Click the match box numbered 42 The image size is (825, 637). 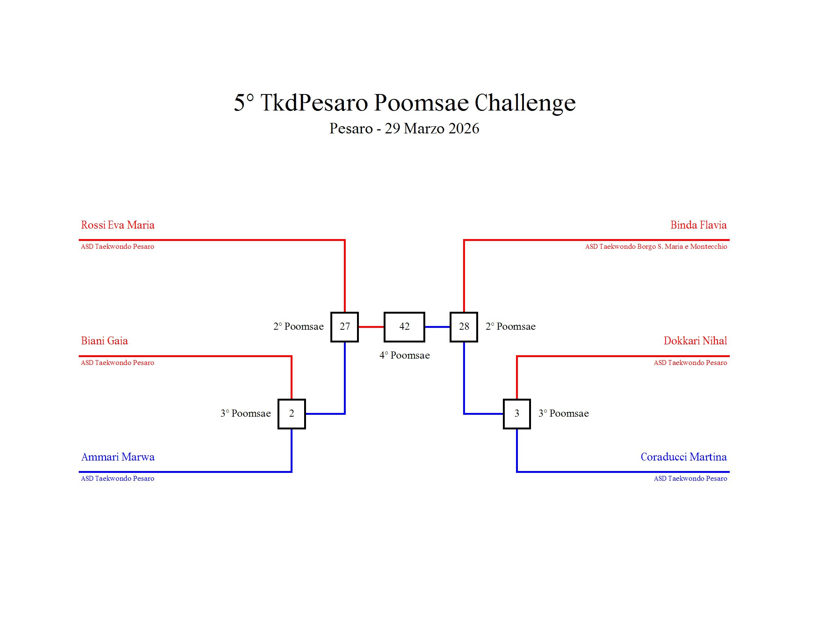(x=404, y=327)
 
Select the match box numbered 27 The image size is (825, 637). (x=345, y=327)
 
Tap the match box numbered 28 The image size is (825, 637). (x=464, y=327)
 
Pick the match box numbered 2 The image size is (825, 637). (x=291, y=414)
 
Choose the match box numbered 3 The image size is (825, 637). (x=517, y=414)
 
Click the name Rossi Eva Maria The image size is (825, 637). (x=117, y=225)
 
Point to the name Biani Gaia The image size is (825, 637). (x=104, y=341)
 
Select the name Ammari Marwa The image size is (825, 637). (x=118, y=457)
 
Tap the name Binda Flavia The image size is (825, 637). (x=699, y=225)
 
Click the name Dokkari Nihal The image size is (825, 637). (x=695, y=341)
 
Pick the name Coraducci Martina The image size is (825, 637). (x=683, y=457)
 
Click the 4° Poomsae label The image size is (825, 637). (x=405, y=356)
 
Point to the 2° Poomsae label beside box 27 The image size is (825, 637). (x=298, y=327)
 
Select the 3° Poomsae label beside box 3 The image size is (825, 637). (x=564, y=414)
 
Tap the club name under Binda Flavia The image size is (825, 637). (x=656, y=247)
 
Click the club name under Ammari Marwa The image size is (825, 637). (x=117, y=478)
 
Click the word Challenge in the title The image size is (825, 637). (x=525, y=103)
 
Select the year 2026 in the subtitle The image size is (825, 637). (x=464, y=129)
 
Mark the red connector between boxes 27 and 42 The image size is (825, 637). (x=371, y=327)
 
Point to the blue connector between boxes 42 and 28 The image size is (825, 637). (x=437, y=327)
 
